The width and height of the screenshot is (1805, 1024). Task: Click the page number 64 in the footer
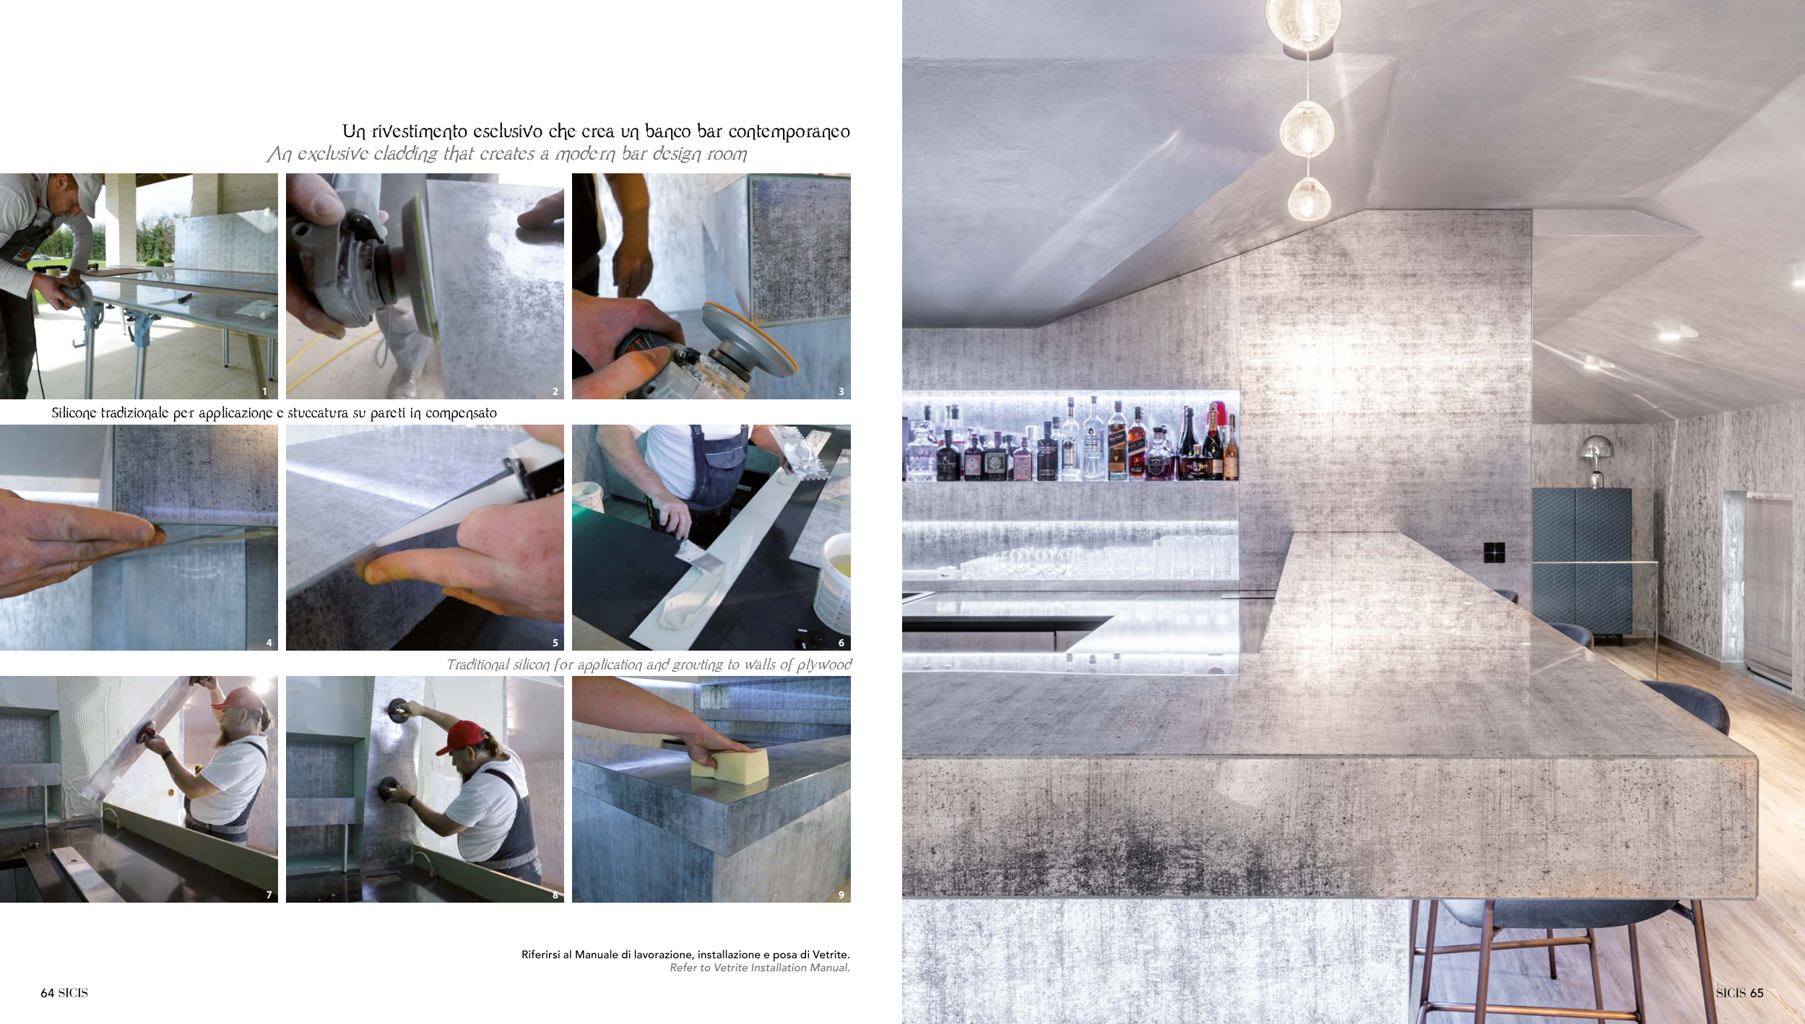47,993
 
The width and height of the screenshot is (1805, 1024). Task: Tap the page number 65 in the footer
1757,993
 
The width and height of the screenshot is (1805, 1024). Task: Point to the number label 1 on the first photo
265,391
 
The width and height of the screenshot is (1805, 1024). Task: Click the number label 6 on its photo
841,643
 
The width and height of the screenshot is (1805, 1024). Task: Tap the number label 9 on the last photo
841,895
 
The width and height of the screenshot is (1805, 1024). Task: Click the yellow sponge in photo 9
730,762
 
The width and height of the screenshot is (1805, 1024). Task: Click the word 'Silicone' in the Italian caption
74,413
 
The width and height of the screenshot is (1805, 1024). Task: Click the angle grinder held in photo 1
72,292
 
